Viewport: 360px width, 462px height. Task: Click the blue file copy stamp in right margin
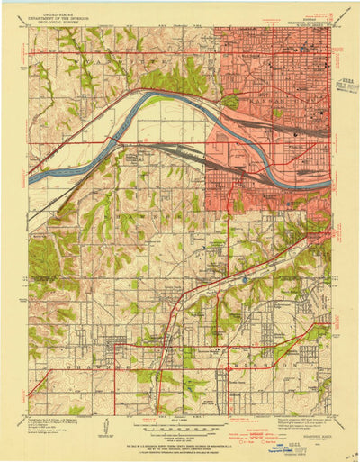point(344,86)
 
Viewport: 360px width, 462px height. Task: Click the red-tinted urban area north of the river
point(270,72)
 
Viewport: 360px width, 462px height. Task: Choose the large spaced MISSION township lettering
point(270,369)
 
